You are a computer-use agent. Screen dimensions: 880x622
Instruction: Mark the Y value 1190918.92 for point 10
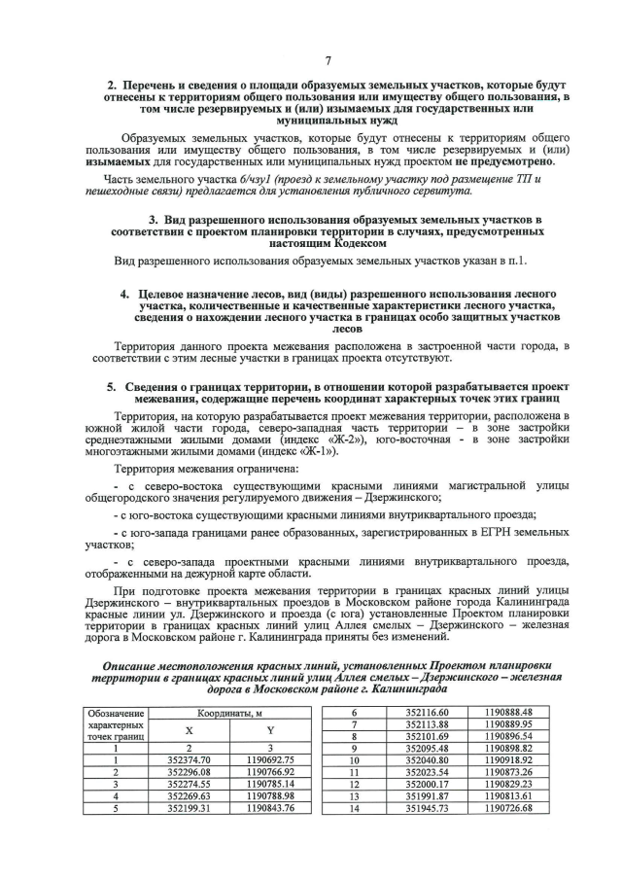508,759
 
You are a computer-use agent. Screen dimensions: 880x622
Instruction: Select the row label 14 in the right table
355,807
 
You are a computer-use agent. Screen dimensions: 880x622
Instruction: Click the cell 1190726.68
508,807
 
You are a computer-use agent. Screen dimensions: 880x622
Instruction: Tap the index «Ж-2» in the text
326,440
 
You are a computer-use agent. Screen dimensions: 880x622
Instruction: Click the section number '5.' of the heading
113,386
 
